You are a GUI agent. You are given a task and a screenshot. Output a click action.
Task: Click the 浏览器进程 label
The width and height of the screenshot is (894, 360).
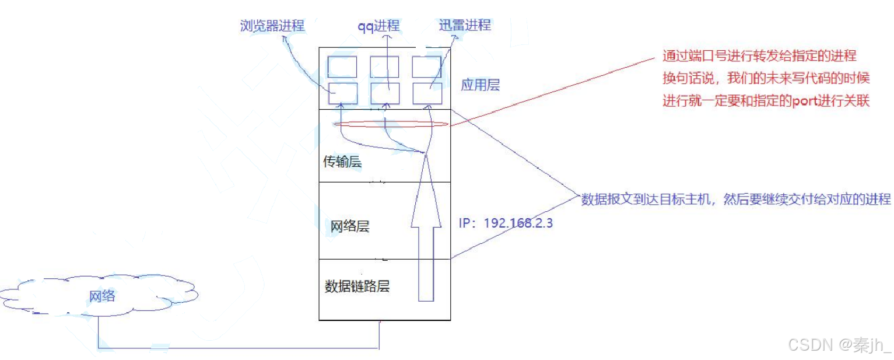coord(272,26)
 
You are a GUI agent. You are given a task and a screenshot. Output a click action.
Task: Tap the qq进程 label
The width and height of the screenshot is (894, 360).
coord(378,26)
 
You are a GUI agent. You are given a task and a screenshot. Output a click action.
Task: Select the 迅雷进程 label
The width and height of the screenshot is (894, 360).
coord(465,25)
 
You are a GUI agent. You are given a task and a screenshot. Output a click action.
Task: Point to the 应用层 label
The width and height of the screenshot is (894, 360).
coord(480,86)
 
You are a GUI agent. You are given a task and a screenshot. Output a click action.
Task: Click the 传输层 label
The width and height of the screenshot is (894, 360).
coord(342,162)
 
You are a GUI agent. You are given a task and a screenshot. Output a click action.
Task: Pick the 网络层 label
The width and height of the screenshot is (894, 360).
coord(350,226)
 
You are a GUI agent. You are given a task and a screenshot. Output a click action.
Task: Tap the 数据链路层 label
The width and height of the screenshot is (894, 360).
coord(356,286)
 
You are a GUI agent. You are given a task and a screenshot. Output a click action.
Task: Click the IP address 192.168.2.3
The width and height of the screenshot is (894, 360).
coord(505,223)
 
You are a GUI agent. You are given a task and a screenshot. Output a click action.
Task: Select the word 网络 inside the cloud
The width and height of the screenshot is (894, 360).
coord(102,296)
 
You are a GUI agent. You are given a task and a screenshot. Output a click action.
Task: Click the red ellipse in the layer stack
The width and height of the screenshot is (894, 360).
coord(390,124)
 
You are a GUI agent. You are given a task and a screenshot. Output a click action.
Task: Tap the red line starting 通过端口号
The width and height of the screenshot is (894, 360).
coord(759,56)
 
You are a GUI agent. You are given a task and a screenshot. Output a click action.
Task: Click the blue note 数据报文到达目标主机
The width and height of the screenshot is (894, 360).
coord(735,199)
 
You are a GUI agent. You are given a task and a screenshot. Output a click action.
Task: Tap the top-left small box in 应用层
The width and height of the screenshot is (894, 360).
coord(342,67)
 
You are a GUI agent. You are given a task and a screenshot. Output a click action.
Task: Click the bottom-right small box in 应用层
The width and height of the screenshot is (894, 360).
coord(427,93)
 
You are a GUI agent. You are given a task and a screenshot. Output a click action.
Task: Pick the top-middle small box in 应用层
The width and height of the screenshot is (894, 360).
coord(384,67)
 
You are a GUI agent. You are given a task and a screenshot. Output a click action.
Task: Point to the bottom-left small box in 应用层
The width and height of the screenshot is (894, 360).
coord(342,93)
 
